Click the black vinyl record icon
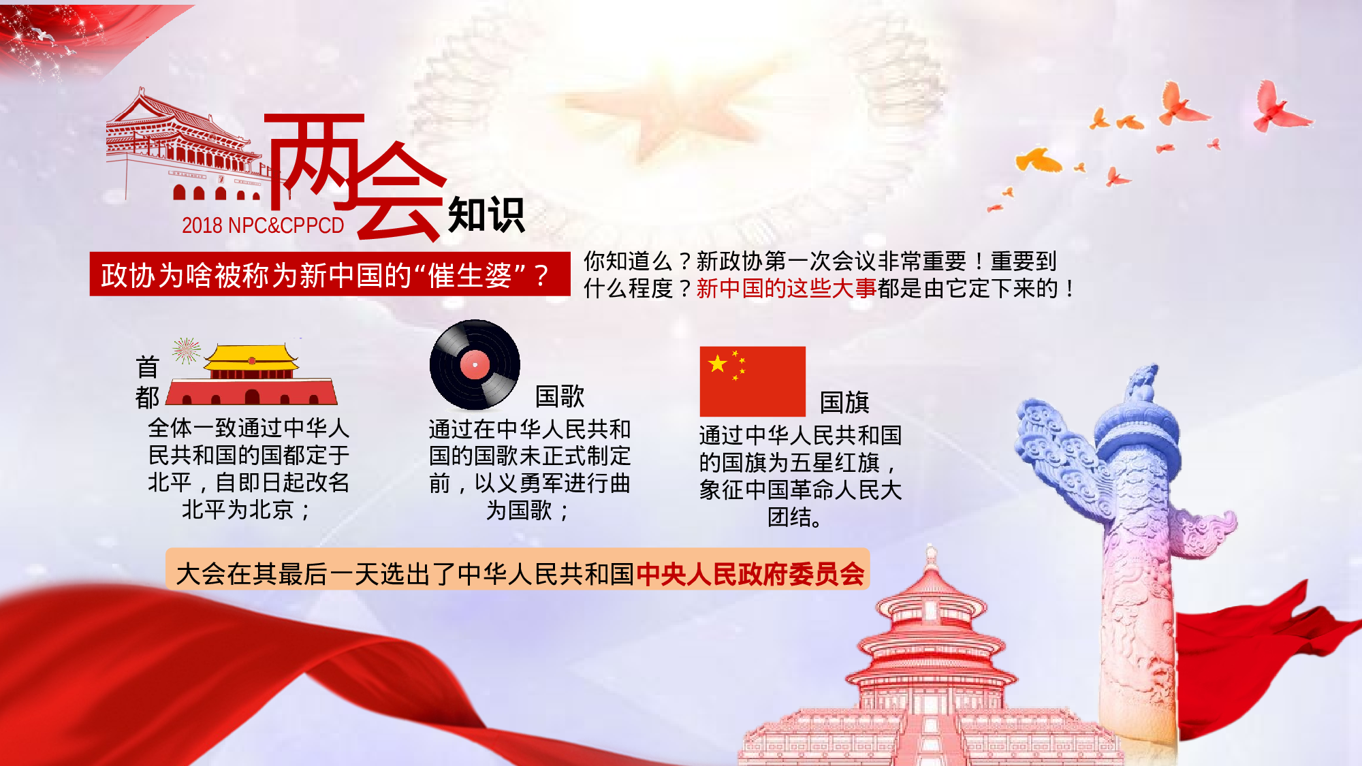[x=475, y=364]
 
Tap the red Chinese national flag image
[x=753, y=381]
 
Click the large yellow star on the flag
[x=717, y=364]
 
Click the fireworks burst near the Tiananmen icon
[x=186, y=351]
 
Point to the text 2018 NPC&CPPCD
[x=263, y=225]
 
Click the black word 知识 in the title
[x=486, y=215]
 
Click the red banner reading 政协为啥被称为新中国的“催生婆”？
[x=330, y=274]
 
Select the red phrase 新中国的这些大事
[x=786, y=289]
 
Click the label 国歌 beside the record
[x=560, y=396]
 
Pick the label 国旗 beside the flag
[x=844, y=402]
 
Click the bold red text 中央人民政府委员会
[x=750, y=574]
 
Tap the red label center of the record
[x=475, y=365]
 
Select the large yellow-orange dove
[x=1038, y=160]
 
